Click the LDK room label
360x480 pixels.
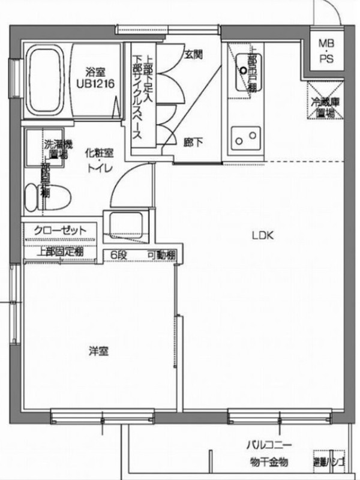tap(262, 236)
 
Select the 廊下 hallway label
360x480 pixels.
tap(193, 142)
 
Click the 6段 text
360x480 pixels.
tap(118, 255)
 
